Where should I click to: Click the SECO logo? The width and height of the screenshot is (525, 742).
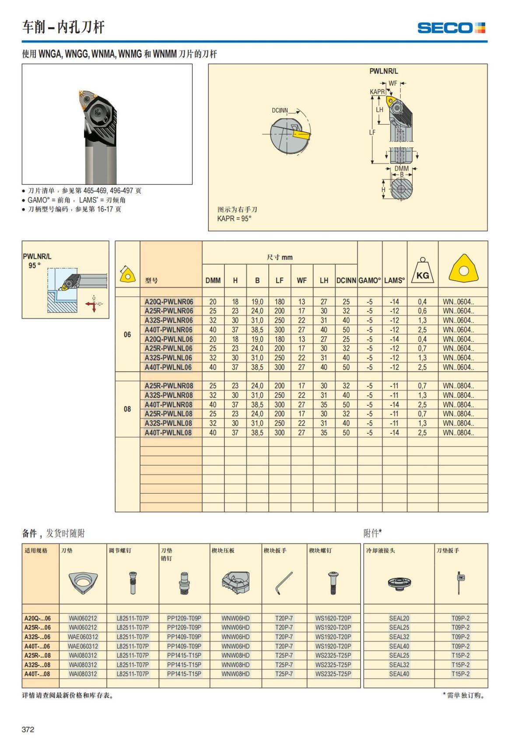[451, 28]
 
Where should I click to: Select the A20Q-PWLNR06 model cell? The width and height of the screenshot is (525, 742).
[168, 302]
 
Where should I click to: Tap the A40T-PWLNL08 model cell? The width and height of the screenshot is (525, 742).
[168, 433]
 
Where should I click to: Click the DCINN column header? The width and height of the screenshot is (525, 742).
[346, 281]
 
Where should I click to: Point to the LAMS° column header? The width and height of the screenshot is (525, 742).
[394, 281]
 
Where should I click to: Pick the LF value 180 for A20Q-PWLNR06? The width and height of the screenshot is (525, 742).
[279, 302]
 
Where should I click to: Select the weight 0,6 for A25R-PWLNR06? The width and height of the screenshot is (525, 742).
[422, 311]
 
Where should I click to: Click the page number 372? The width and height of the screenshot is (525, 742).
[28, 729]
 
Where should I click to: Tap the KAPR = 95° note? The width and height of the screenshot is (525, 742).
[234, 219]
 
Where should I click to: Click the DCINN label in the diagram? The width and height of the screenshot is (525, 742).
[280, 110]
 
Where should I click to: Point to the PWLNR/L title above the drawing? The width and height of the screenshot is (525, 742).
[384, 71]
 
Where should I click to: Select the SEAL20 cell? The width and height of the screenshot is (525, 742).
[399, 618]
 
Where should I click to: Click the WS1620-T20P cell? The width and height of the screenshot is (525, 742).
[333, 618]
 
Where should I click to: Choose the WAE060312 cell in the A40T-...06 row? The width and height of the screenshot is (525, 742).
[83, 646]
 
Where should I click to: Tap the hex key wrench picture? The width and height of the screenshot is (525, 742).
[284, 583]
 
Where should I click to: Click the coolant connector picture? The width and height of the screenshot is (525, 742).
[399, 583]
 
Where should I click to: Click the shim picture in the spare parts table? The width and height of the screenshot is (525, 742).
[83, 583]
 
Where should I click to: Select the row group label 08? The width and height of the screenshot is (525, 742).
[127, 409]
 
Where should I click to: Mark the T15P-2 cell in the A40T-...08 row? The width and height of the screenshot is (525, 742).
[460, 674]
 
